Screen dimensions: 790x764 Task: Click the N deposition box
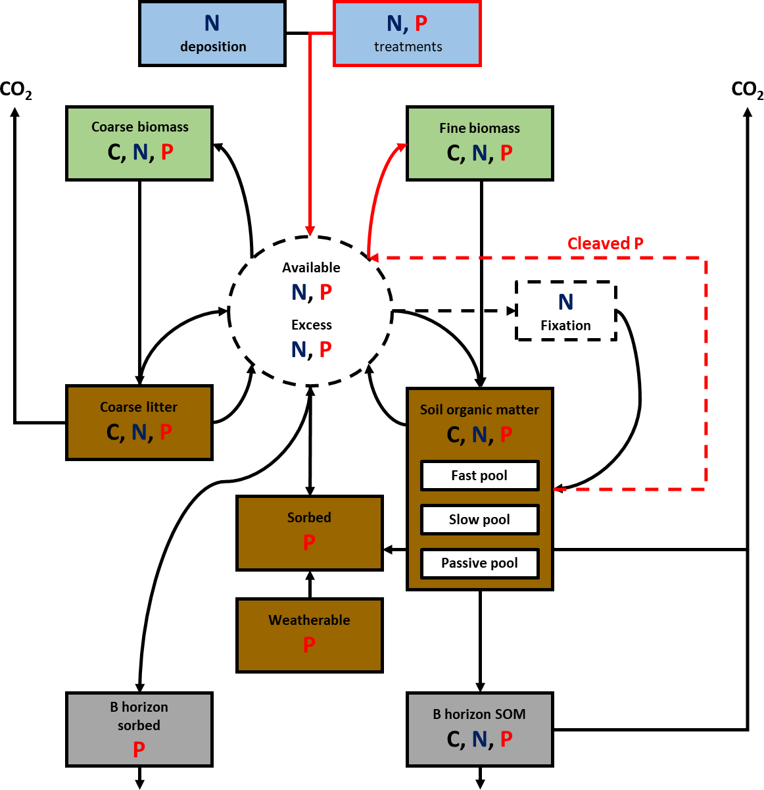[212, 34]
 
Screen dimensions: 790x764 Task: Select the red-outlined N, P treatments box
[408, 34]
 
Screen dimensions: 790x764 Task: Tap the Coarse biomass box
[139, 143]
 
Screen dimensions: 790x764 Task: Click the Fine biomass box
[480, 143]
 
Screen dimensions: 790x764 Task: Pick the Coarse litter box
[139, 422]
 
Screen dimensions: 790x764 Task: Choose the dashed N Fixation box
[566, 311]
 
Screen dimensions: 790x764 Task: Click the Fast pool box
[479, 476]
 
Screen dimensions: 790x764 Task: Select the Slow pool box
[479, 520]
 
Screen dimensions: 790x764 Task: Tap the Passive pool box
[479, 564]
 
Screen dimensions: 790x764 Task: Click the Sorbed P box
[310, 533]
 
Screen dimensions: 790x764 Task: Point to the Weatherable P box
[310, 635]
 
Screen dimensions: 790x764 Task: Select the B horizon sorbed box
[139, 729]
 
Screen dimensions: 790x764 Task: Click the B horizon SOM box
[480, 729]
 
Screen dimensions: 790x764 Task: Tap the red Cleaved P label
[606, 244]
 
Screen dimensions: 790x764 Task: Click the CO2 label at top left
[16, 90]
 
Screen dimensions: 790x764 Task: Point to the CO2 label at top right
[748, 90]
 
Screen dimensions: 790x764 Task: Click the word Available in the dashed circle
[311, 268]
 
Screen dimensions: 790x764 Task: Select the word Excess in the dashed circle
[312, 325]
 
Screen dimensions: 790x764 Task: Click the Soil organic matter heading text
[479, 410]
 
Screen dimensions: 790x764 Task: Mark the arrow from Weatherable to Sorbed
[310, 584]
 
